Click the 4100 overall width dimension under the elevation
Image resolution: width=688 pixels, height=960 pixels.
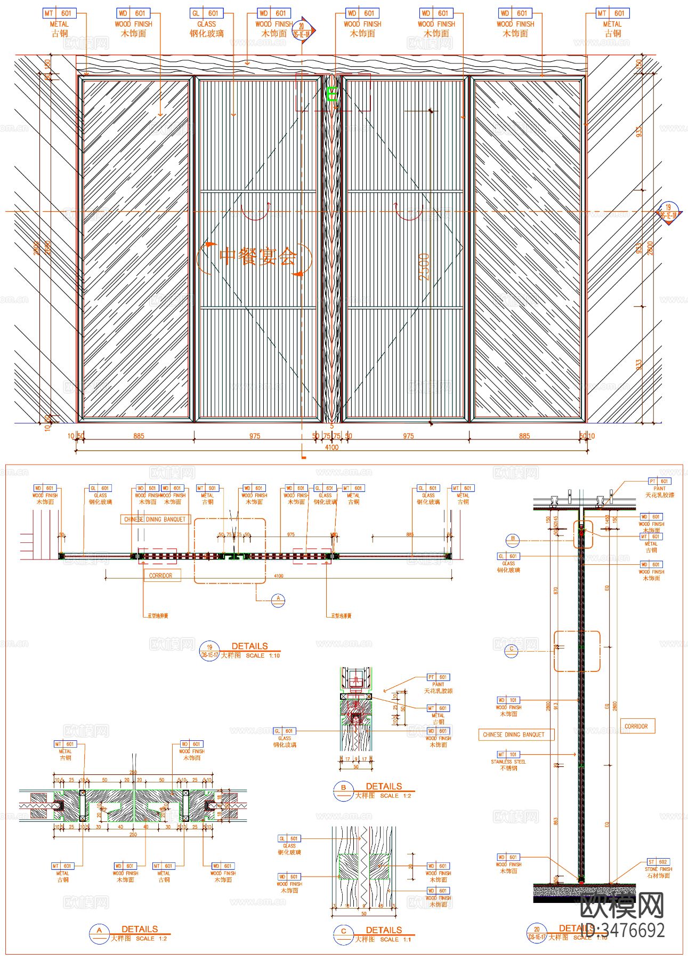(x=331, y=447)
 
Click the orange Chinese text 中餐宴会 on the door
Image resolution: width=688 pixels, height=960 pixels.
(x=258, y=257)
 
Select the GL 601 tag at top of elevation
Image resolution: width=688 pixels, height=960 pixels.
(x=206, y=13)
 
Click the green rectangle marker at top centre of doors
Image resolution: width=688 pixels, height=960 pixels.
(x=331, y=94)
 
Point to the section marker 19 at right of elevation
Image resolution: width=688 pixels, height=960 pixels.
(x=668, y=212)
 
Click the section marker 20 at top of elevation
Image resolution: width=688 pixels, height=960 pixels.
(x=302, y=30)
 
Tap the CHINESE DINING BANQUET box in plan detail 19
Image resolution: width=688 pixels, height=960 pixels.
(x=155, y=519)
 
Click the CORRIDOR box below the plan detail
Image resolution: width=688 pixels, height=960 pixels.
(x=161, y=575)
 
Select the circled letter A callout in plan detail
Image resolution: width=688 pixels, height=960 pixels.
(x=278, y=599)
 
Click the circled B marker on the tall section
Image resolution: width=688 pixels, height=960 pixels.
(x=512, y=539)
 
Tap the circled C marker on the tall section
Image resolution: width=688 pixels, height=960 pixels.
(x=511, y=650)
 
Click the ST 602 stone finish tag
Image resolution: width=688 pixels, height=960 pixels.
(x=658, y=861)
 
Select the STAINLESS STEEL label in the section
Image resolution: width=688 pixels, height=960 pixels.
(x=508, y=762)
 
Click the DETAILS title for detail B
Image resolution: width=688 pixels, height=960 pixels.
(x=384, y=786)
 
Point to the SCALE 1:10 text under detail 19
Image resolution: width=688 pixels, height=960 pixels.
(x=263, y=655)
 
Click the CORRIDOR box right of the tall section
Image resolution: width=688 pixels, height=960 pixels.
(x=636, y=726)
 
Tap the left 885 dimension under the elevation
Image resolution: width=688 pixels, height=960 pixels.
(x=139, y=436)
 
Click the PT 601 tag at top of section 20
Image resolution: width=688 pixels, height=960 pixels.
(x=660, y=481)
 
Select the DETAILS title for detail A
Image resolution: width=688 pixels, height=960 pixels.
(x=140, y=929)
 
